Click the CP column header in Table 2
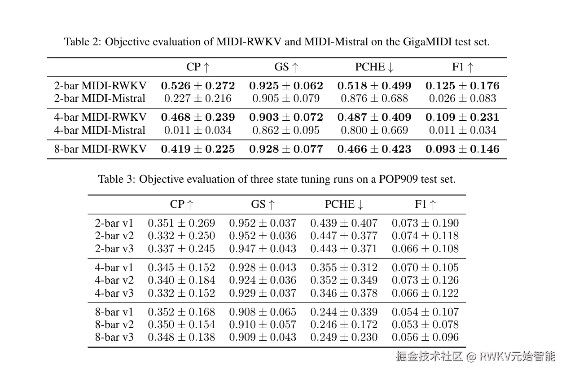pyautogui.click(x=198, y=67)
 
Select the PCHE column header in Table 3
pyautogui.click(x=344, y=205)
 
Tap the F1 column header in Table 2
pyautogui.click(x=463, y=67)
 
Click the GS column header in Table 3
pyautogui.click(x=263, y=205)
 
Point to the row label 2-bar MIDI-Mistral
pyautogui.click(x=100, y=98)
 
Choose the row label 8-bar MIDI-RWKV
pyautogui.click(x=100, y=149)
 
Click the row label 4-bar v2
pyautogui.click(x=114, y=280)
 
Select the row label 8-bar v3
pyautogui.click(x=114, y=337)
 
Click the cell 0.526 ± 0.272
pyautogui.click(x=198, y=86)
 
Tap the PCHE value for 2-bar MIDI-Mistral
pyautogui.click(x=374, y=98)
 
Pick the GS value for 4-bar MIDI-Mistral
pyautogui.click(x=286, y=130)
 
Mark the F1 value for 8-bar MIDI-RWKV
pyautogui.click(x=462, y=149)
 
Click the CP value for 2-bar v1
pyautogui.click(x=181, y=223)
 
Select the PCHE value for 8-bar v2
pyautogui.click(x=344, y=325)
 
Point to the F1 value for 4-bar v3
pyautogui.click(x=425, y=293)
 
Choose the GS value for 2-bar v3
pyautogui.click(x=263, y=249)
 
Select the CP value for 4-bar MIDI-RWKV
pyautogui.click(x=198, y=118)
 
